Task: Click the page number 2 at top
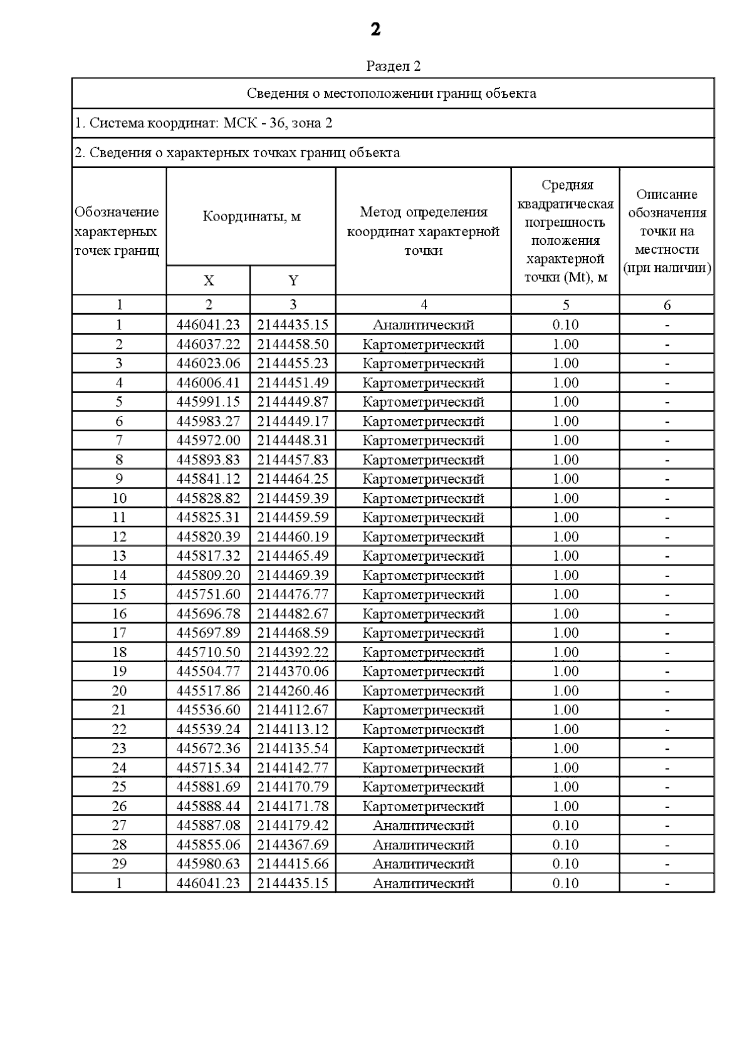[x=375, y=29]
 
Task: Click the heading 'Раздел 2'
[x=393, y=66]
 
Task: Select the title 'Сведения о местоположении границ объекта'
[x=392, y=93]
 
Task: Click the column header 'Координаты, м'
[x=251, y=217]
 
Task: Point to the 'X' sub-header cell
[x=208, y=281]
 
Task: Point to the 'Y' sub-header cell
[x=293, y=281]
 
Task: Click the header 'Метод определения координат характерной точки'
[x=423, y=231]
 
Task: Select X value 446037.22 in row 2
[x=208, y=345]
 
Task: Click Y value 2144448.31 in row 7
[x=293, y=440]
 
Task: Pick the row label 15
[x=119, y=594]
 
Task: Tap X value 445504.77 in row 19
[x=208, y=672]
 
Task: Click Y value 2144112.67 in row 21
[x=293, y=710]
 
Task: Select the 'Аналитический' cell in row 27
[x=423, y=826]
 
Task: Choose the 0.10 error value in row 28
[x=565, y=845]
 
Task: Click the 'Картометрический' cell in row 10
[x=423, y=499]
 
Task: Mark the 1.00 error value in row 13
[x=565, y=556]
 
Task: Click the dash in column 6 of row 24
[x=667, y=768]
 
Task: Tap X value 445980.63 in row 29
[x=208, y=864]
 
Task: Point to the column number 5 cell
[x=565, y=305]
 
